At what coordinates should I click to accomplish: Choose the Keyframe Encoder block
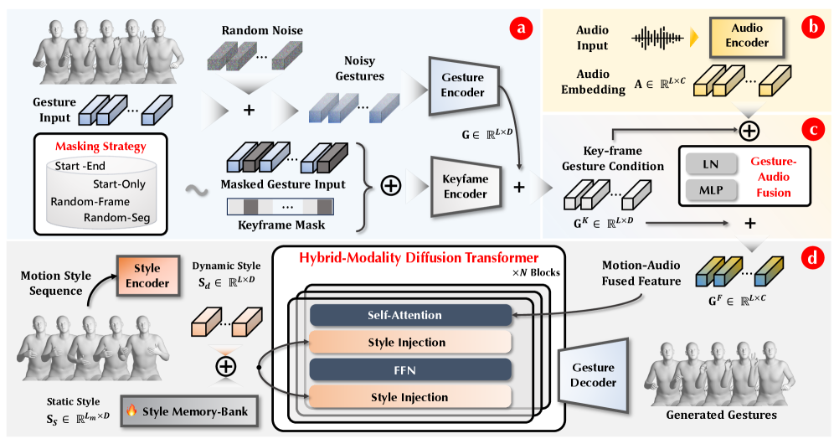463,187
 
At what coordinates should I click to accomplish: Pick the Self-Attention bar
410,316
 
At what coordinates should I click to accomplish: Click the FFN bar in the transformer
410,369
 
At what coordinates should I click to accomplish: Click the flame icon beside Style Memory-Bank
131,410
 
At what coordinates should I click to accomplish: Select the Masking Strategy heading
100,147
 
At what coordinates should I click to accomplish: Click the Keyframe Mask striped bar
281,205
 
